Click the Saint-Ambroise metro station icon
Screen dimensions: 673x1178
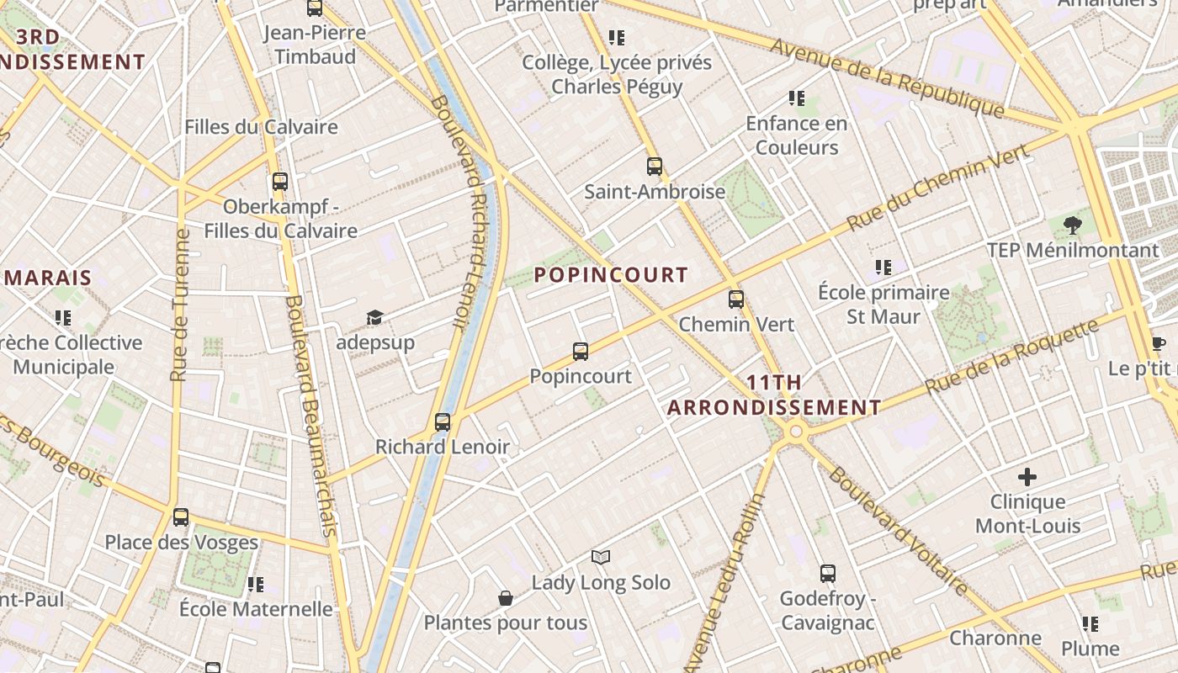(x=655, y=167)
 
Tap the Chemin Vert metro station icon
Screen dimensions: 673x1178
(x=736, y=299)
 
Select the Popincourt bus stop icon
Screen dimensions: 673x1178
(x=581, y=352)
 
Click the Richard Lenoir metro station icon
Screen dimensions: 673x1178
(x=443, y=422)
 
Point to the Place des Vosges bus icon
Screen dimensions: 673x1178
(x=181, y=517)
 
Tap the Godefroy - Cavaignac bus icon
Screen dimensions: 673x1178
(x=828, y=574)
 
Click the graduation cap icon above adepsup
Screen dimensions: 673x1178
(x=374, y=318)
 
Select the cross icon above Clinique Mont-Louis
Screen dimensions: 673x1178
(x=1027, y=477)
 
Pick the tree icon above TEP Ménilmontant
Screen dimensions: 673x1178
(x=1072, y=225)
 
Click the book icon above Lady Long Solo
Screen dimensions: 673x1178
(x=601, y=557)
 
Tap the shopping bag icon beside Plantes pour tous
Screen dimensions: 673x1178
(x=506, y=598)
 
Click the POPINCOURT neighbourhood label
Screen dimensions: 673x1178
(x=611, y=275)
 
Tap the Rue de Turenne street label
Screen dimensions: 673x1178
(x=179, y=305)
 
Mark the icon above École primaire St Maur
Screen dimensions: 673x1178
(x=883, y=268)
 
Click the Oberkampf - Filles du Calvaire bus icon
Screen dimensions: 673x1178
(x=280, y=182)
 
